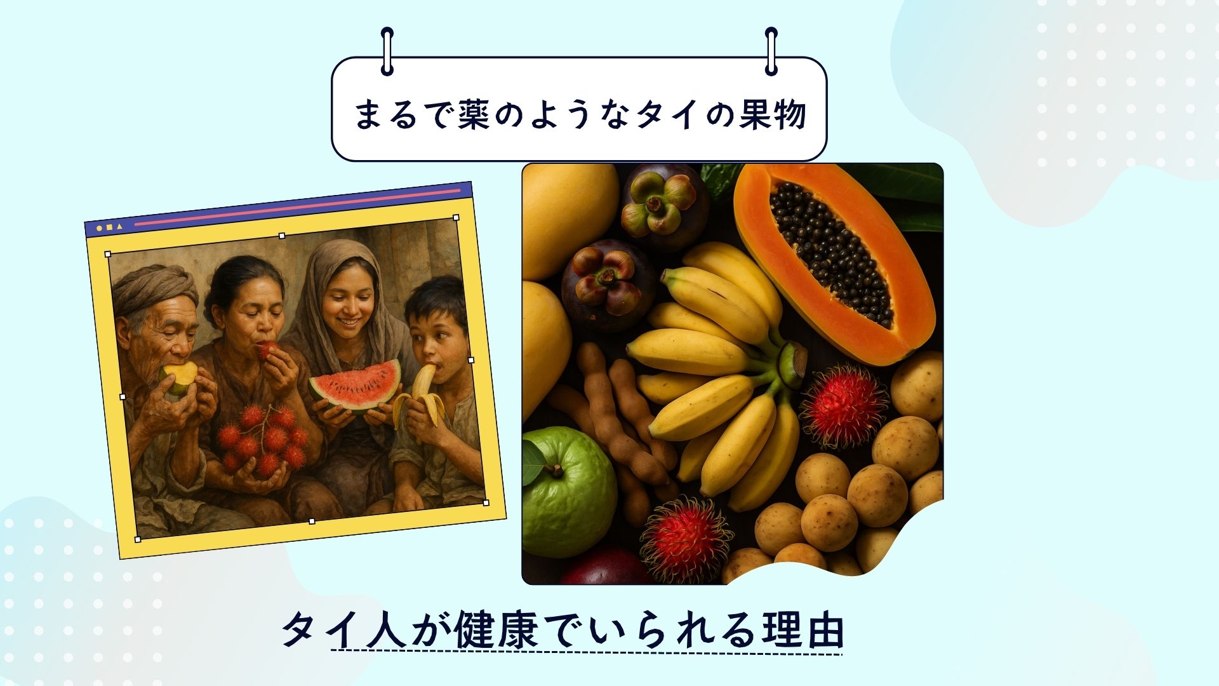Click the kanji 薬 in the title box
click(474, 114)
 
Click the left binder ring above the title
click(387, 51)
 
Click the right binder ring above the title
click(771, 51)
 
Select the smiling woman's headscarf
click(346, 299)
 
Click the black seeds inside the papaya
click(832, 254)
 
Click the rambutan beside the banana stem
click(844, 407)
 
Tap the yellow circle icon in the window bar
click(99, 228)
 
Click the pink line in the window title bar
click(298, 206)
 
